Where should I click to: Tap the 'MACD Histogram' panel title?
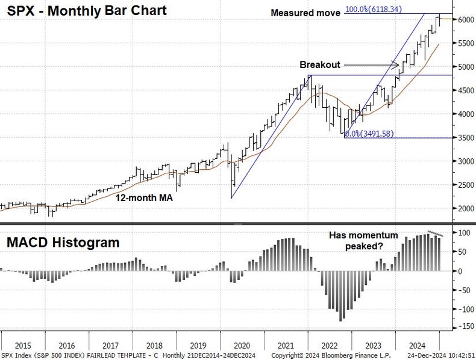63,243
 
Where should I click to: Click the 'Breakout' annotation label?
320,64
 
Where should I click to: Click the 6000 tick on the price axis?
464,19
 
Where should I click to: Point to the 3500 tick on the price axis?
464,138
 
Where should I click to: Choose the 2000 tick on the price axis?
464,209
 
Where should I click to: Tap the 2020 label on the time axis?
241,346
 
